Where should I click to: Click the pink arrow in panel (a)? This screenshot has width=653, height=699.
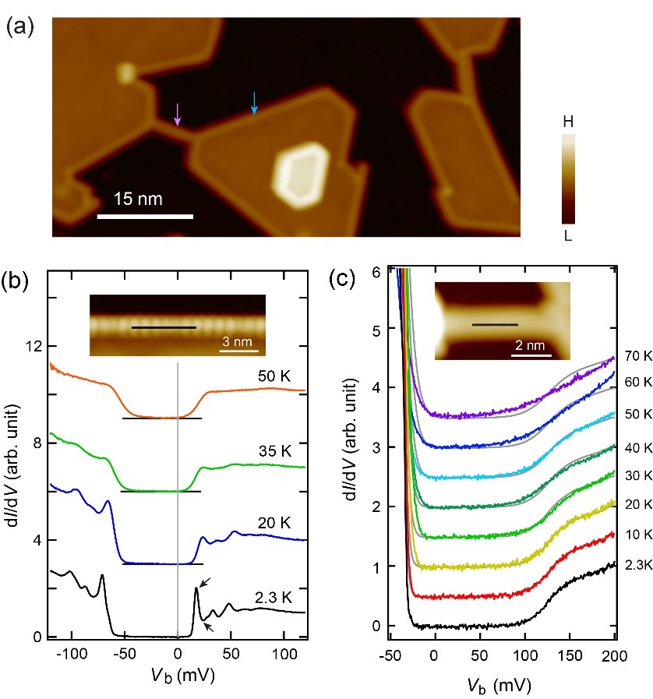point(178,115)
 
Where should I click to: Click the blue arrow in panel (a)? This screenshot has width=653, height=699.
point(253,103)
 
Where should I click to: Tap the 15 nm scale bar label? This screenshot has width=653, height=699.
point(137,198)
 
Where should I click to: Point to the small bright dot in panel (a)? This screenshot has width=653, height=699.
point(125,73)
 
